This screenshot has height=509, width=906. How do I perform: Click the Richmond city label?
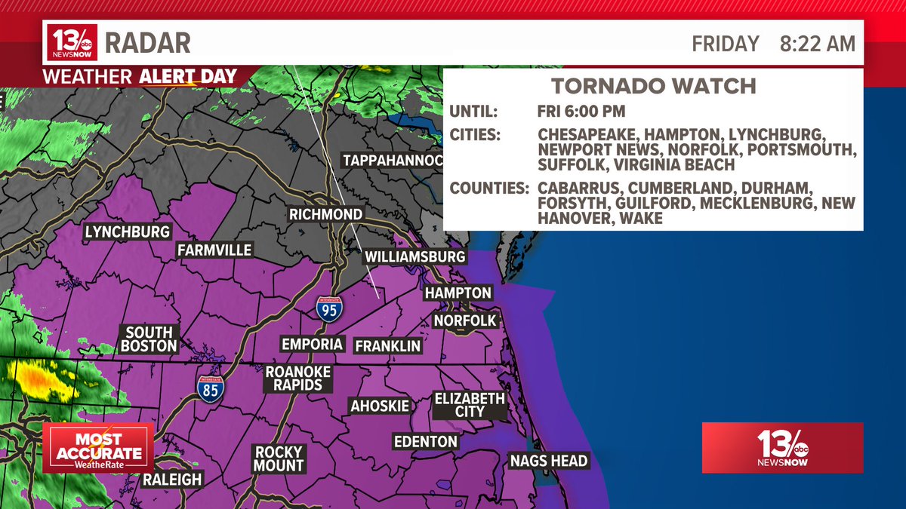tap(326, 215)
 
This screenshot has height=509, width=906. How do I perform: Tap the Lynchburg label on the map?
tap(128, 232)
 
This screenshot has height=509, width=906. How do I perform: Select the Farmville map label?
tap(214, 250)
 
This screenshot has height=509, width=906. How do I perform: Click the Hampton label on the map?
tap(458, 293)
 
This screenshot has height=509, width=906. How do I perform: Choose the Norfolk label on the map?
tap(465, 320)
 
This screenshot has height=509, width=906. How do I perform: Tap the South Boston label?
tap(149, 339)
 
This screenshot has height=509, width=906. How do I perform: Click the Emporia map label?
tap(312, 345)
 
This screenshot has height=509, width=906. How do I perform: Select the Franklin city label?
tap(387, 346)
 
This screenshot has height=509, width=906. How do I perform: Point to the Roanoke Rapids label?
tap(294, 378)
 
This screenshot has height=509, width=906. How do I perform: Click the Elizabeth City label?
tap(470, 405)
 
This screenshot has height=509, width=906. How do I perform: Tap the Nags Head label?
tap(548, 461)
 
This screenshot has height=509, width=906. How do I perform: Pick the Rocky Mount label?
tap(279, 458)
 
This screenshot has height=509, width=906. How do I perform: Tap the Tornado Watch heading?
tap(653, 85)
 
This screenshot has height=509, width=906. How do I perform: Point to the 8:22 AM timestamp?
tap(818, 44)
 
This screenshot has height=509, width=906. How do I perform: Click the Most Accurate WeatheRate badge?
tap(98, 448)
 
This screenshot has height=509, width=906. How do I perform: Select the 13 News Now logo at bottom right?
tap(782, 448)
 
